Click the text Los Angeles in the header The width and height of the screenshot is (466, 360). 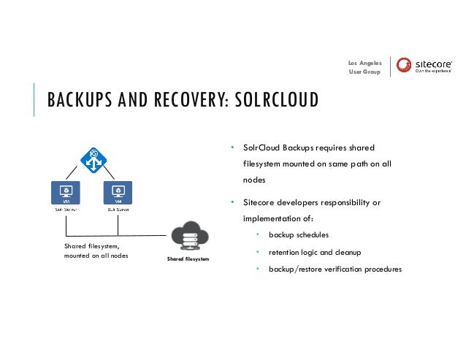(365, 63)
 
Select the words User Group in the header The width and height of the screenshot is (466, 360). (365, 72)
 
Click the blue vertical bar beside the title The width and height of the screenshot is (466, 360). (34, 99)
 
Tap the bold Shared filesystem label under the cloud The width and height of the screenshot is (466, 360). (188, 258)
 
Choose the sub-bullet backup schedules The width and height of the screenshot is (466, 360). (298, 235)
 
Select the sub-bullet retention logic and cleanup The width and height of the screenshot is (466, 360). (315, 252)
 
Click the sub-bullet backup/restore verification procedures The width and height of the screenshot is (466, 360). (335, 269)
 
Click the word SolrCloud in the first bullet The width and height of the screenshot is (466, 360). (261, 146)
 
